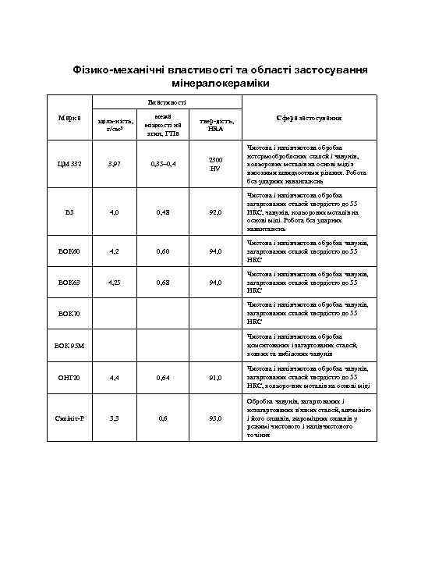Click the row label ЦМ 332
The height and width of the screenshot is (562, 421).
[70, 164]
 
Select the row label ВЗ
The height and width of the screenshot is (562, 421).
[70, 211]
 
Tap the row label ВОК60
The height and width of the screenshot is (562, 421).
[70, 251]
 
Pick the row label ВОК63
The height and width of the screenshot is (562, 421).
[70, 283]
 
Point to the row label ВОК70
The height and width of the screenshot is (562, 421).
[70, 313]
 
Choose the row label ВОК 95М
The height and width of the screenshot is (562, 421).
[70, 344]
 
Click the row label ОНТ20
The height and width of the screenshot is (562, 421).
[70, 377]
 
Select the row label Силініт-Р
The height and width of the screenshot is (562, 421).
[70, 418]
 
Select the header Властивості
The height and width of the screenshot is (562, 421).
[167, 102]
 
